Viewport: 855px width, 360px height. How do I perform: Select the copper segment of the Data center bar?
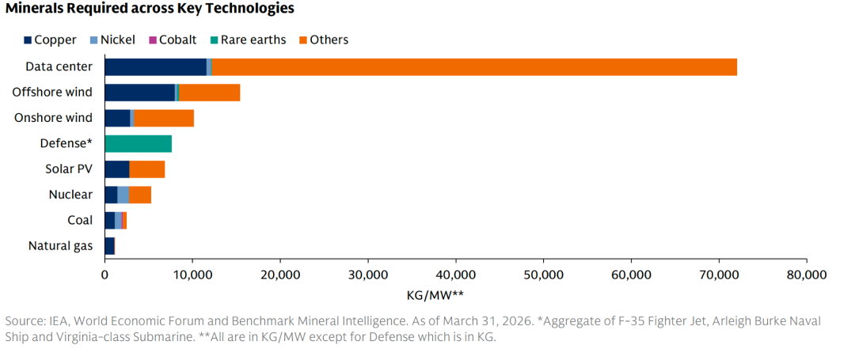click(155, 67)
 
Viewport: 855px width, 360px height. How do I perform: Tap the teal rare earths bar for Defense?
click(138, 144)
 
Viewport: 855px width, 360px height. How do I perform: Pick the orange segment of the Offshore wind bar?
click(209, 93)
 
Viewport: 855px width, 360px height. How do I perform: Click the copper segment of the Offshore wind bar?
click(139, 93)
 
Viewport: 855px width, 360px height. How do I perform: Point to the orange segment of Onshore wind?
click(164, 119)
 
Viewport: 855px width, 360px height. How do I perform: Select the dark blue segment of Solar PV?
click(116, 169)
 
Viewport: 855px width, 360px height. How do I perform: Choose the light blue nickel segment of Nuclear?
click(123, 195)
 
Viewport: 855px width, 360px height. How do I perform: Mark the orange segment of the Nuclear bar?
click(140, 195)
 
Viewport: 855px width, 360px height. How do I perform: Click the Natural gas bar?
click(109, 246)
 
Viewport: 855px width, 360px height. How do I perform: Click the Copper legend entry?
click(49, 40)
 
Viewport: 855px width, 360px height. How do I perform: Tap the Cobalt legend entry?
click(174, 40)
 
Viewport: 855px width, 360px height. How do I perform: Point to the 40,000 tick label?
click(455, 275)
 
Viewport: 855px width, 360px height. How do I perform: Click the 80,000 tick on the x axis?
click(805, 275)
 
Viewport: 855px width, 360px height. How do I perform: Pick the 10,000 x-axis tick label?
click(192, 275)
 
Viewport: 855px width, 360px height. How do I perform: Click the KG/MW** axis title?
click(435, 295)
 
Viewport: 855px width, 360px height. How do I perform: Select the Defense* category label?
click(66, 144)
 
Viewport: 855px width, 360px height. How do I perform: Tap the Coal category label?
click(80, 220)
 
